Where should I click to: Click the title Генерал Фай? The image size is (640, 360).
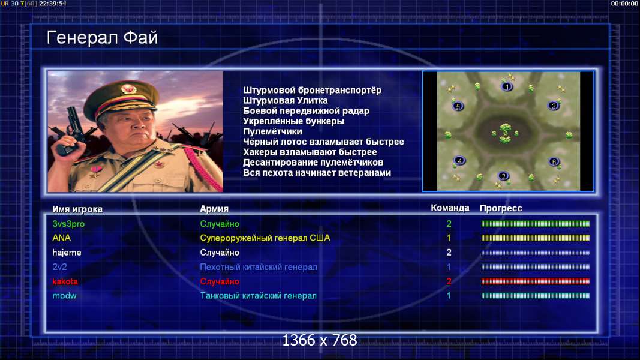click(102, 38)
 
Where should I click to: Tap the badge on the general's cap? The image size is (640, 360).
click(128, 89)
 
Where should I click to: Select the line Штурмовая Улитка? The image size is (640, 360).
click(286, 100)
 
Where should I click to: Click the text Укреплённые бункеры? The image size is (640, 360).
click(293, 121)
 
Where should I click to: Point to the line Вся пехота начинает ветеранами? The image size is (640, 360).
click(317, 173)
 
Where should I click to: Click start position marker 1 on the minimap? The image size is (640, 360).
click(507, 86)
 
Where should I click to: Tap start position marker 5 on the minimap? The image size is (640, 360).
click(458, 106)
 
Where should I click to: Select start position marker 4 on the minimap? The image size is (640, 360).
click(459, 160)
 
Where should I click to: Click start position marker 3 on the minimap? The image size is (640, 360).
click(554, 106)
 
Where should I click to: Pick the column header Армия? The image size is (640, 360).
click(214, 209)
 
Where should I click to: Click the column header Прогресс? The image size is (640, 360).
click(501, 208)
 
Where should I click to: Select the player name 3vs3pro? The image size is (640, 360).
click(68, 224)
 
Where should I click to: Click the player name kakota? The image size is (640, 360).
click(65, 281)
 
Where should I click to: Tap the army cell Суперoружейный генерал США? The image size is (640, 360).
click(265, 238)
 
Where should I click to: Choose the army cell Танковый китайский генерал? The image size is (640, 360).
click(259, 296)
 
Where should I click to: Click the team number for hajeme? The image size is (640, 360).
click(449, 252)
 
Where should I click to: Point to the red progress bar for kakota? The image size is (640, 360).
click(536, 281)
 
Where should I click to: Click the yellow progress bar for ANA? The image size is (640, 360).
click(536, 238)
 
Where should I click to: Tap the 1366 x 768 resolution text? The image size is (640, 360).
click(320, 340)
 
